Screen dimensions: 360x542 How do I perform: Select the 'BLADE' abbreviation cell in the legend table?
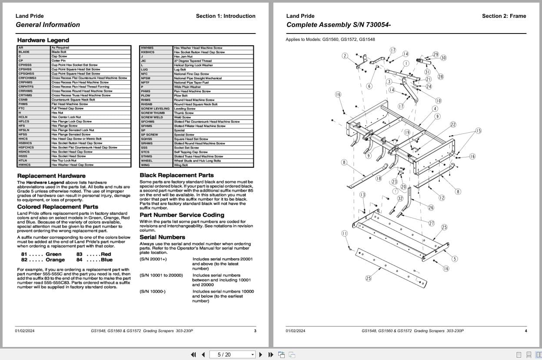24,52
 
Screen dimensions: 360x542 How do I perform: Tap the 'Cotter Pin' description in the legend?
59,61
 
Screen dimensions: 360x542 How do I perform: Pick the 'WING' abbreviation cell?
145,165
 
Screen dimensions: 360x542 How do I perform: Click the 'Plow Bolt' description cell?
180,96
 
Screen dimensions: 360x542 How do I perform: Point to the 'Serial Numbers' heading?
162,237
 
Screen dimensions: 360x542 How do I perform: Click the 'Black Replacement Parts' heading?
176,175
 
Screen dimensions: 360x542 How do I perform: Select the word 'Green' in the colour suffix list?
53,254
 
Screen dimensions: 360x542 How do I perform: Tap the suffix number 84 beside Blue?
80,260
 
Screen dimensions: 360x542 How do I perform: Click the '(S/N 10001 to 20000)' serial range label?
161,276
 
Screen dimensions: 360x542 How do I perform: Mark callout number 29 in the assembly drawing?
436,55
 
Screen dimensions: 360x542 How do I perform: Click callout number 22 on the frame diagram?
453,125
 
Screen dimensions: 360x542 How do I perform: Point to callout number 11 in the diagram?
344,233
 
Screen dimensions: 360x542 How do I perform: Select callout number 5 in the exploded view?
455,259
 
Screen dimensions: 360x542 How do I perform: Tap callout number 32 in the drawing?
400,198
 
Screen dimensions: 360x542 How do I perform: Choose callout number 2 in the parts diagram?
345,56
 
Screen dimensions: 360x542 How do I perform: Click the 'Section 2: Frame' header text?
504,16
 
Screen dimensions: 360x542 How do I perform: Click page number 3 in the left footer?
255,331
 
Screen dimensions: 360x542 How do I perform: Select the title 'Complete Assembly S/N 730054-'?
338,25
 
